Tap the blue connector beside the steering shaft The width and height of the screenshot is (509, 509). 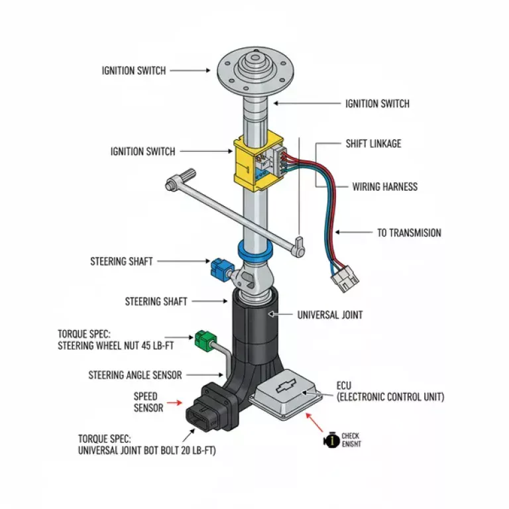[x=219, y=268]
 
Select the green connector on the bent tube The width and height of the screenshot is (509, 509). [x=202, y=341]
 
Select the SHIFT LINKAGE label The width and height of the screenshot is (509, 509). [x=373, y=143]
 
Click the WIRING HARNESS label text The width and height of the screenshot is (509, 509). [x=384, y=186]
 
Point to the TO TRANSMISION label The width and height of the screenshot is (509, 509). [x=409, y=233]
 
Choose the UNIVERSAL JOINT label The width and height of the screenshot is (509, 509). [x=329, y=315]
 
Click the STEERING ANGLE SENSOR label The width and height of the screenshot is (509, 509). [x=135, y=375]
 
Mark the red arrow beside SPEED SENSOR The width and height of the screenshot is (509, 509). [x=176, y=402]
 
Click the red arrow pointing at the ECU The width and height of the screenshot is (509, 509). [x=315, y=421]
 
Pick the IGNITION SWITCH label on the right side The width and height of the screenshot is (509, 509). [x=377, y=103]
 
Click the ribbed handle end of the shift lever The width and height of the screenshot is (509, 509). [x=182, y=178]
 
